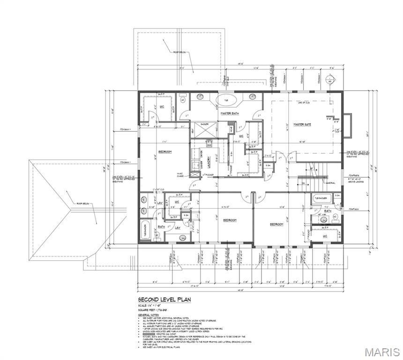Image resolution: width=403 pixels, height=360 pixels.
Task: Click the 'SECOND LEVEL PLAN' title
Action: (164, 299)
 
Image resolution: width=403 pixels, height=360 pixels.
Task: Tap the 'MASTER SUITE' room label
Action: (303, 124)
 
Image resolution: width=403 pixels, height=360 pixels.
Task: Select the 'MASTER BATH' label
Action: (230, 113)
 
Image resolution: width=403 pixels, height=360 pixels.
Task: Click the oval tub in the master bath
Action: (230, 100)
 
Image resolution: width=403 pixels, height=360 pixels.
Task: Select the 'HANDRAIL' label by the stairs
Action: (316, 183)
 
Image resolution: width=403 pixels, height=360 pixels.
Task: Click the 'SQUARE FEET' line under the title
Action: (153, 310)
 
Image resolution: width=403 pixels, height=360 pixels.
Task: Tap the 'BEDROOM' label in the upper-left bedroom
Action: (165, 152)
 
